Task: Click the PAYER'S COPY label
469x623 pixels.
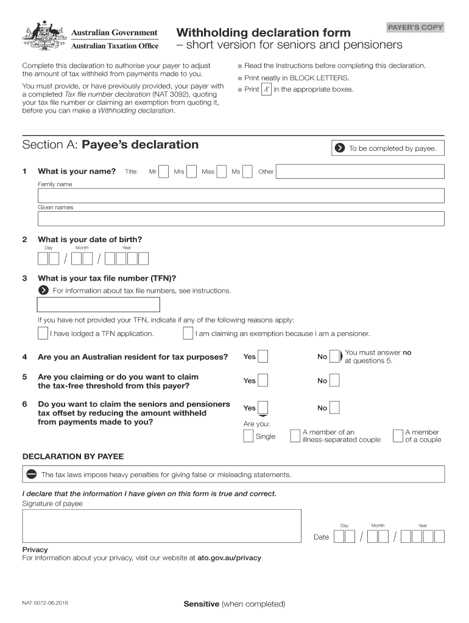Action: coord(415,27)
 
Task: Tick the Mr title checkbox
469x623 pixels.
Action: coord(163,172)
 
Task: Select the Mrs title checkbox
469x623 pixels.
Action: coord(191,172)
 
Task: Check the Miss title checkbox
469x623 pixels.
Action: coord(222,172)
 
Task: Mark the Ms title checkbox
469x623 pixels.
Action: coord(247,172)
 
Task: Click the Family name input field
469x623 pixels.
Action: coord(241,195)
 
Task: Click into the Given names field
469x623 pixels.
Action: coord(241,218)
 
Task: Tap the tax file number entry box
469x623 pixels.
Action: coord(99,305)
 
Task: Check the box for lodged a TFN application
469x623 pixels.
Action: coord(43,333)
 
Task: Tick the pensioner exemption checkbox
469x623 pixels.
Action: coord(188,333)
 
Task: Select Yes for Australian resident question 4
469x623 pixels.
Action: coord(263,357)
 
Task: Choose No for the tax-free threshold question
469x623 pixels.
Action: coord(334,381)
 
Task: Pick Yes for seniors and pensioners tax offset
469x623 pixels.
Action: coord(263,408)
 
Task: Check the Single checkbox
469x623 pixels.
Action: coord(249,436)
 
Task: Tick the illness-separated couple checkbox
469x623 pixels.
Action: coord(295,436)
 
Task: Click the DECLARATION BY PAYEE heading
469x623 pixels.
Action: coord(72,456)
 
